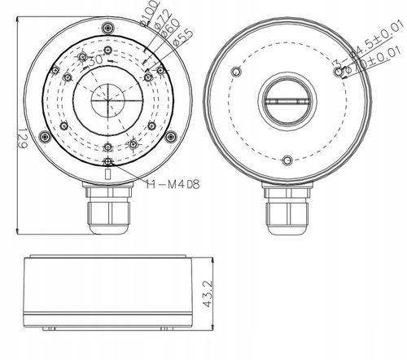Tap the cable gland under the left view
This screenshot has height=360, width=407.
pyautogui.click(x=109, y=215)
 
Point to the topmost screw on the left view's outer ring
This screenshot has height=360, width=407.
pyautogui.click(x=109, y=29)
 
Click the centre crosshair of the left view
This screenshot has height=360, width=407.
pyautogui.click(x=108, y=101)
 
